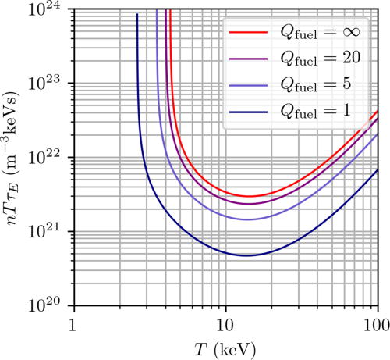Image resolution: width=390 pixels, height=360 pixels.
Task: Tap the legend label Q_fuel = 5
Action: (319, 87)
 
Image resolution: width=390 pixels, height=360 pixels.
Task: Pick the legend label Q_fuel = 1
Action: (319, 113)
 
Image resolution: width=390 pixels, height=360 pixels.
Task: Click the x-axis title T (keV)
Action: (225, 347)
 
